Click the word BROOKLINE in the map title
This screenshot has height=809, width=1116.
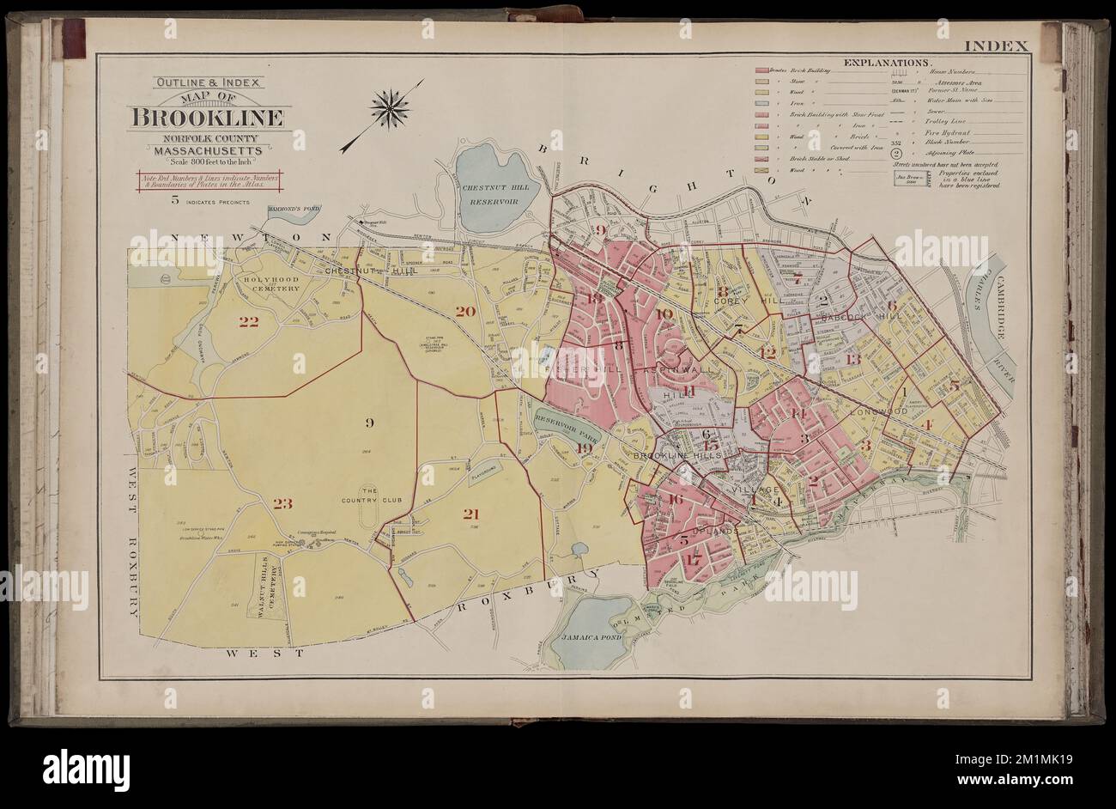(210, 118)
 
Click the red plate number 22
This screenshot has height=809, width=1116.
(249, 322)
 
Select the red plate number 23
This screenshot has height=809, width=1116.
(283, 503)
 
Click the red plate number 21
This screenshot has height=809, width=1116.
(470, 514)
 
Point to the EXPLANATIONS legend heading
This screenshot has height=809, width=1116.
(888, 64)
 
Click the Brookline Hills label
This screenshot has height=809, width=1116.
(667, 457)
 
